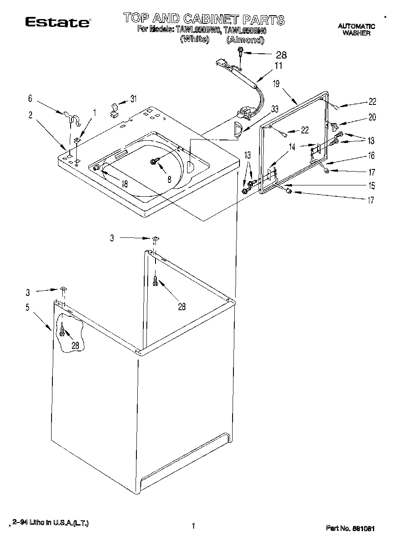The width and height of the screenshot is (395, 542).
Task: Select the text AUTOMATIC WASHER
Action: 356,29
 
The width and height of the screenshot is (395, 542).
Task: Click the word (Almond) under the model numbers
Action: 245,40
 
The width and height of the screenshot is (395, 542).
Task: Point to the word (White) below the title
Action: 194,39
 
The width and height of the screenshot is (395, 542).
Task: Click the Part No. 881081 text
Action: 350,528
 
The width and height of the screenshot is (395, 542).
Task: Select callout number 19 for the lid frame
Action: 276,84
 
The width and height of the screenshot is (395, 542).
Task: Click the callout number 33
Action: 274,109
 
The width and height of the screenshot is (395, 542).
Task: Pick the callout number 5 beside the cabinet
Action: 27,308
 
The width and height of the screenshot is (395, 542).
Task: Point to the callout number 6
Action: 30,99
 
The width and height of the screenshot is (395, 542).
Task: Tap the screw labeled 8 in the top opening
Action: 154,162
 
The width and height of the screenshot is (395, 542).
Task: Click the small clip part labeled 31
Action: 114,110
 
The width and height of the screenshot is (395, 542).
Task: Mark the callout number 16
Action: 371,156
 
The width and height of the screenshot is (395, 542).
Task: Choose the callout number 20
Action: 372,117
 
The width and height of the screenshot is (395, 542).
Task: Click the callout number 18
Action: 124,184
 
